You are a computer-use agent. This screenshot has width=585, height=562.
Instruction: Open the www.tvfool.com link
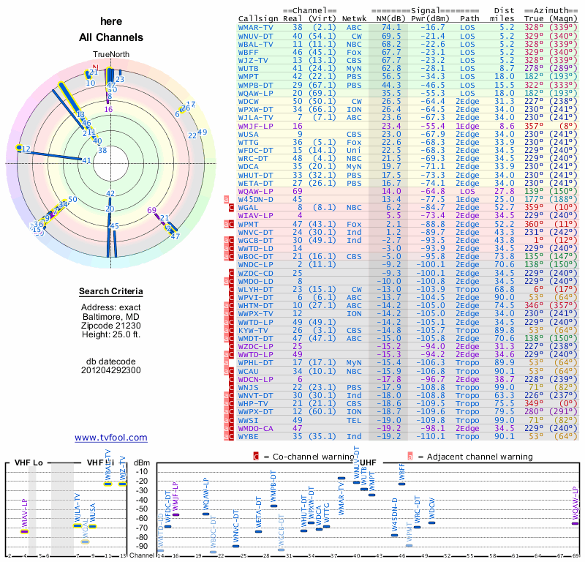[x=111, y=438]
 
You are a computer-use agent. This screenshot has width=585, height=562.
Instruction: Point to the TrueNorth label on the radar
[x=111, y=55]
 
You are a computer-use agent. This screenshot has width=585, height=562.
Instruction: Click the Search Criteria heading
[x=111, y=292]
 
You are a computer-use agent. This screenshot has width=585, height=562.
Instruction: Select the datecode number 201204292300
[x=111, y=370]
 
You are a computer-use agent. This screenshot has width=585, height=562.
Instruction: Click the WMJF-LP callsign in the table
[x=257, y=126]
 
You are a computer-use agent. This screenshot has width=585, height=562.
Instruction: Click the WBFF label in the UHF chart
[x=401, y=474]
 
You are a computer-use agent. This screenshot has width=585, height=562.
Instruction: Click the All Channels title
[x=111, y=37]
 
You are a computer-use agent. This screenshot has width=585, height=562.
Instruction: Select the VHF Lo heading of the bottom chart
[x=30, y=462]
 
